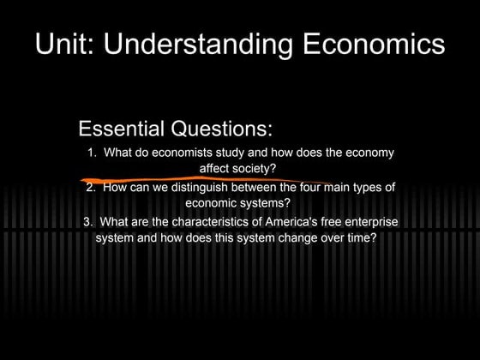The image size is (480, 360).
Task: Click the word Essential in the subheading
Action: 121,129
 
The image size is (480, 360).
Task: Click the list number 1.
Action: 91,153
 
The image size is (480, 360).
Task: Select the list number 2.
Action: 90,189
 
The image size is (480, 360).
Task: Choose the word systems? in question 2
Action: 267,204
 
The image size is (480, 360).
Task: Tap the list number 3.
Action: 88,222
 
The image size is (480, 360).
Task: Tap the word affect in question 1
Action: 214,168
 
